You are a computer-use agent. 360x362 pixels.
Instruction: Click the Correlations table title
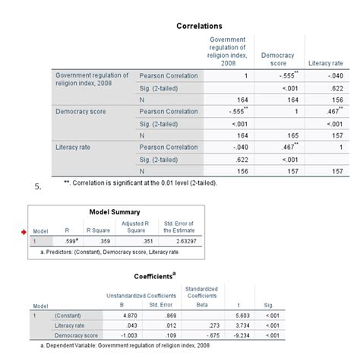199,26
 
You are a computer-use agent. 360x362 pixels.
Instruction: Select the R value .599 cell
70,241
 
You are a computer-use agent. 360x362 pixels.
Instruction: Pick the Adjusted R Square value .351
137,241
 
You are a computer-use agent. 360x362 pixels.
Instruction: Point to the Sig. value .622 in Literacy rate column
333,87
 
